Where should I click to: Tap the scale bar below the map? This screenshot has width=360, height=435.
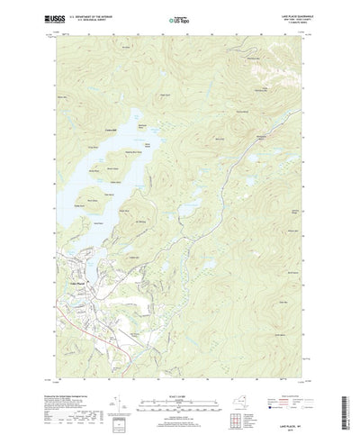click(x=180, y=385)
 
